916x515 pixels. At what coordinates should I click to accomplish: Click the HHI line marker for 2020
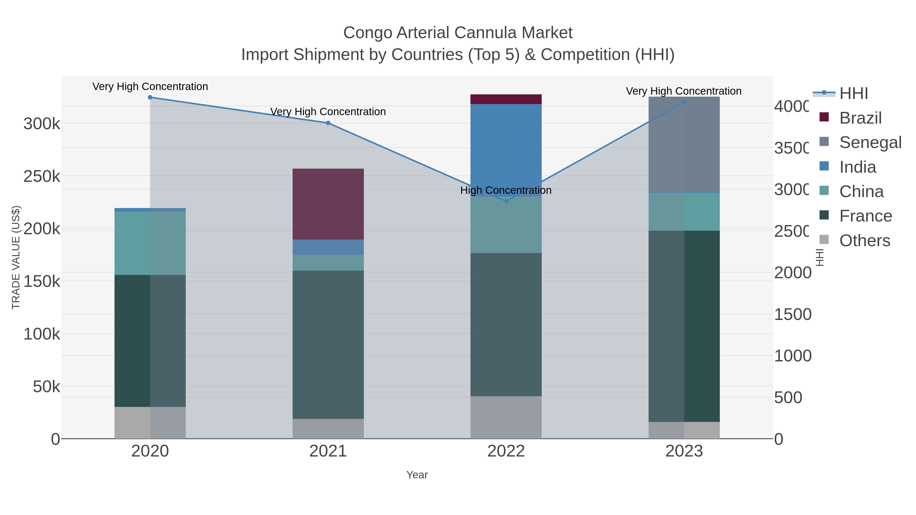(150, 97)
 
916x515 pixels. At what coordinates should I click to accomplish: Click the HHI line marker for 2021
(328, 123)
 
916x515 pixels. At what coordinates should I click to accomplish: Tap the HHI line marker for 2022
(506, 201)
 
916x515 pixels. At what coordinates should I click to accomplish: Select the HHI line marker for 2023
(684, 102)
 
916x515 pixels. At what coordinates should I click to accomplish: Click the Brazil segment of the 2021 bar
(328, 204)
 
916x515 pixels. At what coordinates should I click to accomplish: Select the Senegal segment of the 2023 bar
(684, 144)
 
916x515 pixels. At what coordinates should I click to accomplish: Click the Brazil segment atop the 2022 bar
(506, 99)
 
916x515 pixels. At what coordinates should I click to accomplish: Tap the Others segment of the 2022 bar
(506, 417)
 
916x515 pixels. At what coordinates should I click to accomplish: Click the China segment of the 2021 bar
(328, 263)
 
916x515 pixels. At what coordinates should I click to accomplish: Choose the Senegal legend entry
(870, 142)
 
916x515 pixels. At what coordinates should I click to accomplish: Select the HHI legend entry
(853, 94)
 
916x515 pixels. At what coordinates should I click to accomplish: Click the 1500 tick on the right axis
(793, 315)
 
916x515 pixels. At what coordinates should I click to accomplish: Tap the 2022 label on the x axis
(506, 451)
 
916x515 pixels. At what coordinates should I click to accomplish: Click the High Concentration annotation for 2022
(506, 190)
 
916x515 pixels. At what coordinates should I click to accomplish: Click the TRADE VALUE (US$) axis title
(16, 257)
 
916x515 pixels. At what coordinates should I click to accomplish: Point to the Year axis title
(417, 475)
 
